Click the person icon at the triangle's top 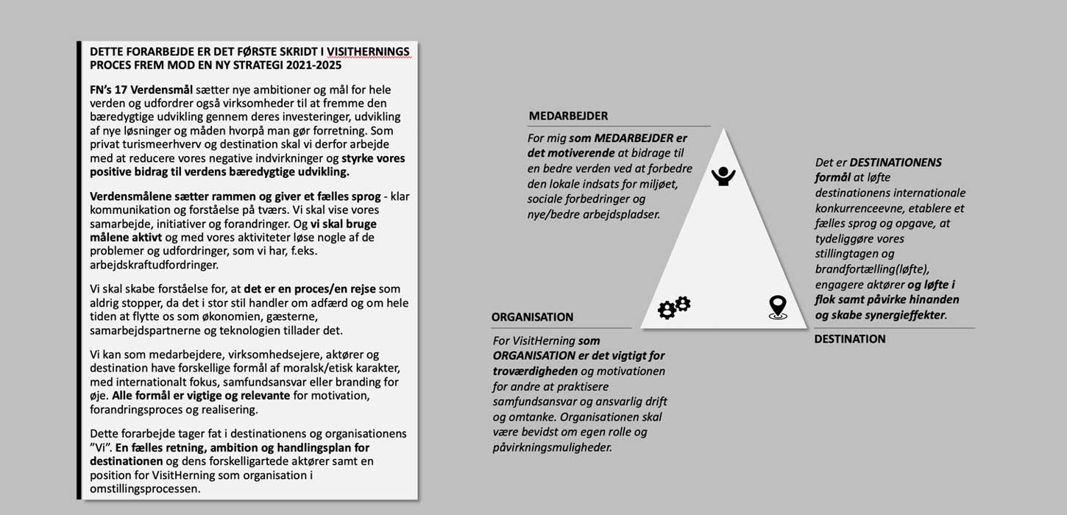point(723,176)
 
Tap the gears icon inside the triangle point(673,307)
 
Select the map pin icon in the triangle point(777,307)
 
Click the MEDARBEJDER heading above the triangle point(568,116)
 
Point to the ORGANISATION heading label point(532,317)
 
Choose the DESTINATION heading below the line point(850,339)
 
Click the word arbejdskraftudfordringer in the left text point(154,265)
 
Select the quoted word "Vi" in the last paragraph point(101,447)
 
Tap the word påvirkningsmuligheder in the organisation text point(552,447)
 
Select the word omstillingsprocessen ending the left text point(144,489)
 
